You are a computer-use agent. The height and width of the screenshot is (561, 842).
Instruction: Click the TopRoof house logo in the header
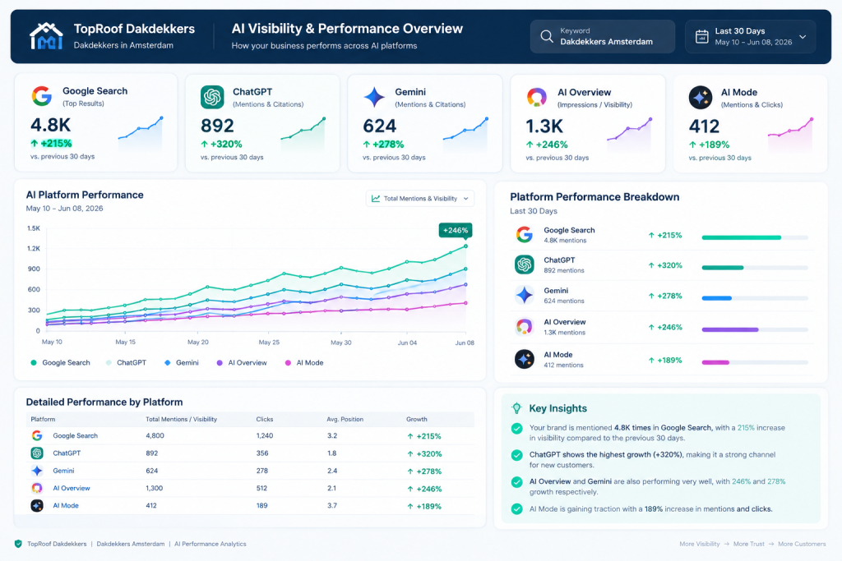(46, 36)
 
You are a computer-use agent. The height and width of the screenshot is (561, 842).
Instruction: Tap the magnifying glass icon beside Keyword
(547, 36)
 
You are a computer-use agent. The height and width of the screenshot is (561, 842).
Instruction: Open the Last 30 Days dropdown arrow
(803, 37)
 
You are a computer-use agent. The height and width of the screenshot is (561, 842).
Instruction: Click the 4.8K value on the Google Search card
(50, 125)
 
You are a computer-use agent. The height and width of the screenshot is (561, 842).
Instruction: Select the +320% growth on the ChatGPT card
(221, 145)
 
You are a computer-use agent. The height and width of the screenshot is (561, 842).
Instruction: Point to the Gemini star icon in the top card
(374, 97)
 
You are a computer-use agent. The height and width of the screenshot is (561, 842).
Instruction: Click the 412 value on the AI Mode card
(704, 126)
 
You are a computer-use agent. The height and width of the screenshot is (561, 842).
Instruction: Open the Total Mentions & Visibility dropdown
(420, 199)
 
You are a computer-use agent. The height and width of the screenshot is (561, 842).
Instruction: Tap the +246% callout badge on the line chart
(456, 231)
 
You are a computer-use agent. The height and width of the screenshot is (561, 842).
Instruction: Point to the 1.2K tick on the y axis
(34, 248)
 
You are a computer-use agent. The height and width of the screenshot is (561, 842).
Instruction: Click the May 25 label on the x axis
(269, 343)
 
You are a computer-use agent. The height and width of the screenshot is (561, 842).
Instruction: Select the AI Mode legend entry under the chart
(304, 363)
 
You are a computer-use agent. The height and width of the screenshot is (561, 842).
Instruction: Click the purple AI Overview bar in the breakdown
(730, 330)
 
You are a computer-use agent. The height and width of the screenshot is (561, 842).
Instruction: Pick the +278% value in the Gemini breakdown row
(665, 296)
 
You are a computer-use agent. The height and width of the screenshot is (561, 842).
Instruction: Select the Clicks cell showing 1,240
(265, 436)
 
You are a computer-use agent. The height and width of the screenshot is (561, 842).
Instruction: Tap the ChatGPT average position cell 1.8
(332, 453)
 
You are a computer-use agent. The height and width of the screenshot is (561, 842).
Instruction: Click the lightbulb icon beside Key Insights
(516, 408)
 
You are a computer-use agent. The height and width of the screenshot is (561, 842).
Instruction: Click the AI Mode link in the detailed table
(66, 506)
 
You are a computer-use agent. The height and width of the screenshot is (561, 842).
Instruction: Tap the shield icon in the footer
(18, 544)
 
